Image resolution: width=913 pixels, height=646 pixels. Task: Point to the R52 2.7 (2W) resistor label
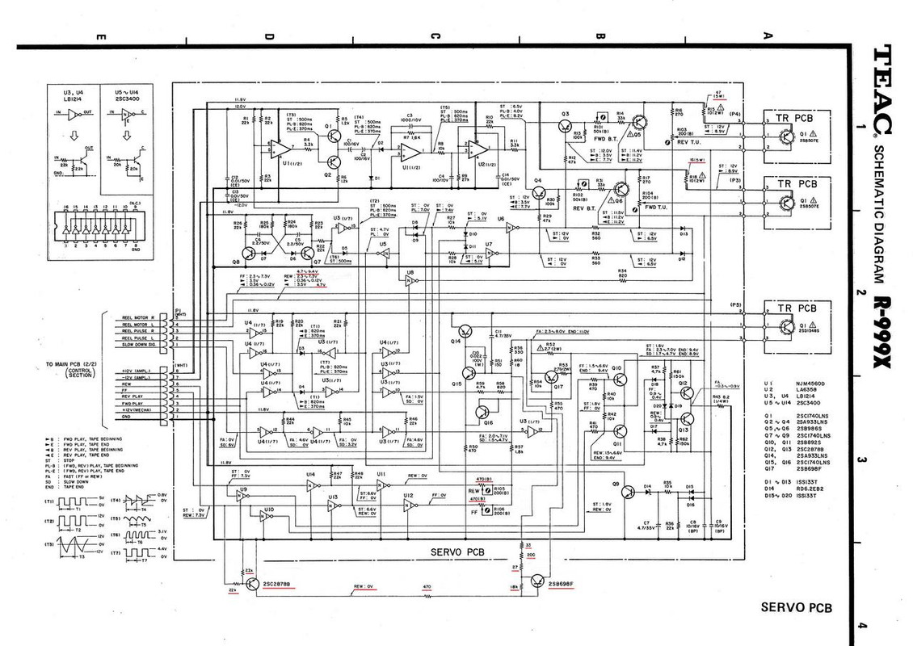(552, 346)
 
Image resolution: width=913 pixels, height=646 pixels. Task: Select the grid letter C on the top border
(434, 36)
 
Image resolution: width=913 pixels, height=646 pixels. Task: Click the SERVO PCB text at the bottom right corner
(796, 608)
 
